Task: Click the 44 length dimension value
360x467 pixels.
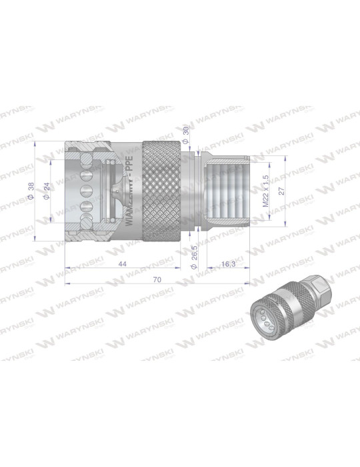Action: [123, 264]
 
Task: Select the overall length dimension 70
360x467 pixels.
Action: [157, 280]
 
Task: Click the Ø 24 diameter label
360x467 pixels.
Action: [47, 191]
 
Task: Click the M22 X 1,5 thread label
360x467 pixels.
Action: [265, 190]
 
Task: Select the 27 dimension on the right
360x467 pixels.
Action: [282, 190]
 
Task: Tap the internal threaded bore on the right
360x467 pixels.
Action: [227, 190]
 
